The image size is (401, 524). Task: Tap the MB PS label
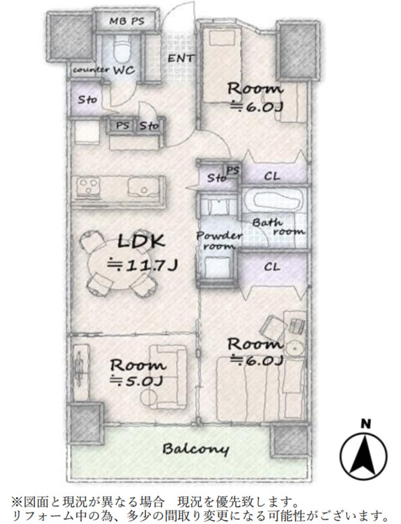[127, 22]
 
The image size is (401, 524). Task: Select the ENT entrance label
[181, 59]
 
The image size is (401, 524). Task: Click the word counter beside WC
[91, 70]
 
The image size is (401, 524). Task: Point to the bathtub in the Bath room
[276, 201]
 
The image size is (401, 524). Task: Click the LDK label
[142, 241]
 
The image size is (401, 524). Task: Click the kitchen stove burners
[88, 186]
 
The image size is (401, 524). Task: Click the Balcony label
[196, 449]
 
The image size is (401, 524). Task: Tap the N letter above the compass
[366, 424]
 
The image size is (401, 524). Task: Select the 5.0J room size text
[137, 381]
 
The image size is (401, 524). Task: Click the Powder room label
[219, 240]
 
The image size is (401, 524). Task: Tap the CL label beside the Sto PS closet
[272, 176]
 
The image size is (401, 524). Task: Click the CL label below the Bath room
[272, 267]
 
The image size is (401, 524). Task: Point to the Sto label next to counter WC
[88, 99]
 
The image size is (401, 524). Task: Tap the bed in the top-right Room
[222, 65]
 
